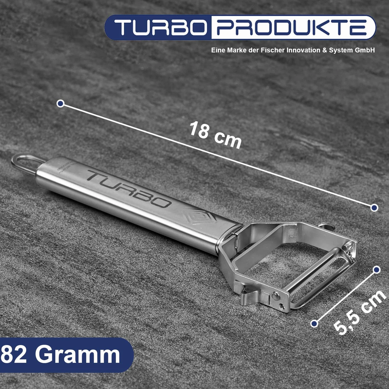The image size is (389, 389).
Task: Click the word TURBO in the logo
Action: click(x=161, y=28)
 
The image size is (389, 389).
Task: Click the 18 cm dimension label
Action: click(x=215, y=135)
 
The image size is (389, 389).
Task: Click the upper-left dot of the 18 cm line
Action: click(x=60, y=103)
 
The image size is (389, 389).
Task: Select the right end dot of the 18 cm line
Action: click(x=374, y=207)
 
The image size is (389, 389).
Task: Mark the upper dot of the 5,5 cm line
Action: click(x=377, y=270)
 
